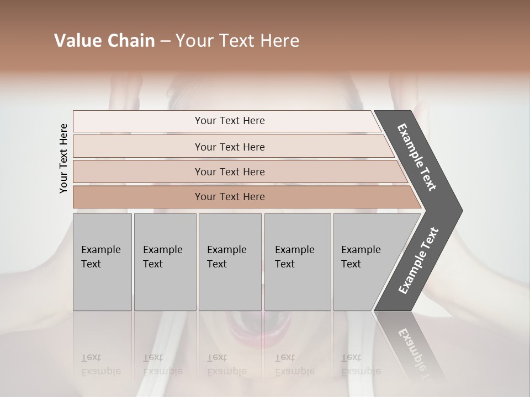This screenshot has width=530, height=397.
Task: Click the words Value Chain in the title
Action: click(104, 41)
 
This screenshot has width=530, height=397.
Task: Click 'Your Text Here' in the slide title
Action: click(237, 41)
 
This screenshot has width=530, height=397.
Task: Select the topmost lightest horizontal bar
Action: click(138, 121)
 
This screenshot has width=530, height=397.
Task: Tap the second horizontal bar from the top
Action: click(138, 147)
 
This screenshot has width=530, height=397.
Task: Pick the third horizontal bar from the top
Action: click(138, 171)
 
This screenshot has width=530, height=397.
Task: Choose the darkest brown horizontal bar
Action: click(138, 197)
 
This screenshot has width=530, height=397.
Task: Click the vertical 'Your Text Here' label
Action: click(63, 158)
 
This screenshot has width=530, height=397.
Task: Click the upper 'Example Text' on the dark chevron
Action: click(417, 157)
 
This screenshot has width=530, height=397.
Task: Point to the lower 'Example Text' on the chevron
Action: click(418, 261)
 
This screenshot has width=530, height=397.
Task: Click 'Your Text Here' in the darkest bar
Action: click(230, 197)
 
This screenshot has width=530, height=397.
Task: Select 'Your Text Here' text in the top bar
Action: click(230, 121)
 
